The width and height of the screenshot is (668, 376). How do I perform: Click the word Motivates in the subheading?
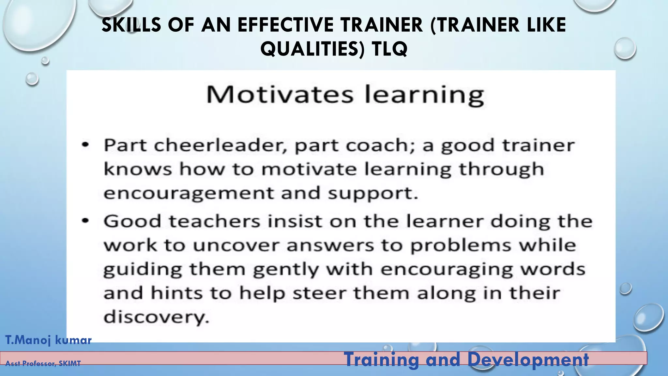[x=280, y=95]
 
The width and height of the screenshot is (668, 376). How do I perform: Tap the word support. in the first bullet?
[x=373, y=193]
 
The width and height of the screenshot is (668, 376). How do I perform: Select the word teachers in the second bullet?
[x=214, y=221]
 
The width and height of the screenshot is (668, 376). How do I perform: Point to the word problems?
[x=461, y=245]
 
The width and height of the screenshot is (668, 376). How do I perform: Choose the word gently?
[x=286, y=270]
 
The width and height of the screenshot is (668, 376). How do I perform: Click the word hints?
[x=176, y=293]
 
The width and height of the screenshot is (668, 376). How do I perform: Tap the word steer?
[x=319, y=293]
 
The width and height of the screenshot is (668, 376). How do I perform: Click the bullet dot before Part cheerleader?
[x=85, y=145]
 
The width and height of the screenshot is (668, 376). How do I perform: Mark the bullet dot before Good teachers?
[x=85, y=221]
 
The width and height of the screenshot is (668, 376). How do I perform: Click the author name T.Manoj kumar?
[x=48, y=340]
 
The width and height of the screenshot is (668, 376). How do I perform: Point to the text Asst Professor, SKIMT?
[x=43, y=363]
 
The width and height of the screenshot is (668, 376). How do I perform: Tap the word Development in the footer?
[x=528, y=360]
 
